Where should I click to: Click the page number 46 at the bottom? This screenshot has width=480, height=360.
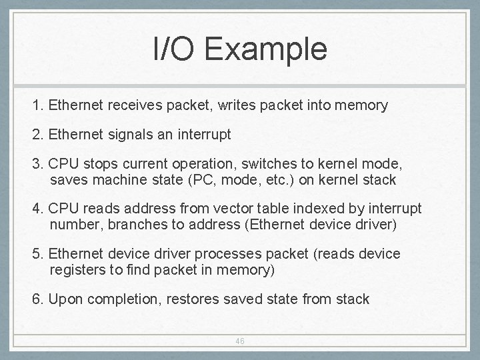pos(240,341)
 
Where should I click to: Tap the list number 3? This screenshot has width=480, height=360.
pos(36,163)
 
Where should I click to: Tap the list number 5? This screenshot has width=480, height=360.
pos(36,254)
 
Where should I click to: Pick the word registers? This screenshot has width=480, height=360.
pos(78,270)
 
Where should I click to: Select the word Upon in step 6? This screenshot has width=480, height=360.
pos(64,299)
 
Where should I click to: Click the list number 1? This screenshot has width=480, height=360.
pos(36,105)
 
